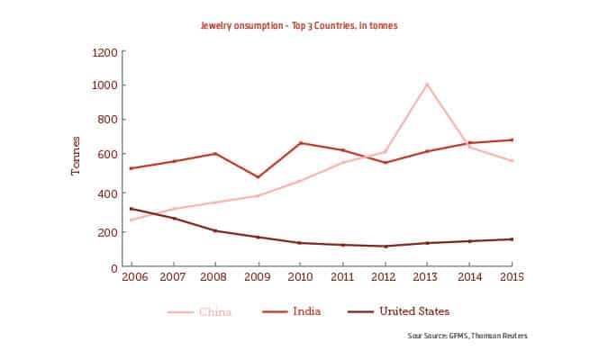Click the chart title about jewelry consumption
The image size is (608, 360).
tap(298, 26)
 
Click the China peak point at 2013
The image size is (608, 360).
tap(426, 84)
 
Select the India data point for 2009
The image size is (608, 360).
tap(258, 177)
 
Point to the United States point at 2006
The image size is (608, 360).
tap(131, 209)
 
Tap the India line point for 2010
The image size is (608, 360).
tap(299, 143)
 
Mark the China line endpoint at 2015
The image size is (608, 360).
tap(512, 161)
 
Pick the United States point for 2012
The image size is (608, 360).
tap(385, 247)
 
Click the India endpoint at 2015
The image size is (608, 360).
tap(512, 139)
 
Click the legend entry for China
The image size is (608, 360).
tap(200, 312)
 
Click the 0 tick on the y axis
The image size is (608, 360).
tap(113, 267)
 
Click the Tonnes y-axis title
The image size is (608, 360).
tap(77, 157)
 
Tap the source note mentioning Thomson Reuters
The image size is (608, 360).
tap(467, 336)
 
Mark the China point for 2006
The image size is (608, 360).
tap(131, 220)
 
